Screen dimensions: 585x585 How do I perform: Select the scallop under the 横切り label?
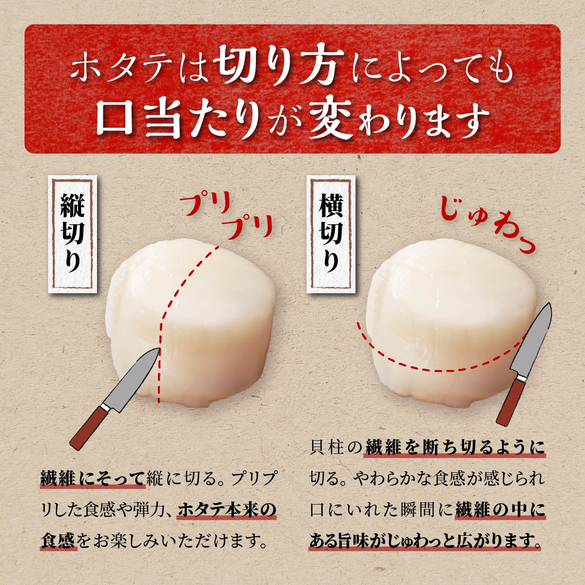coord(453,322)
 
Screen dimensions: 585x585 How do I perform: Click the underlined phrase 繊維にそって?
coord(93,479)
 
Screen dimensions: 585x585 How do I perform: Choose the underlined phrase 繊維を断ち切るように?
coord(455,448)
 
